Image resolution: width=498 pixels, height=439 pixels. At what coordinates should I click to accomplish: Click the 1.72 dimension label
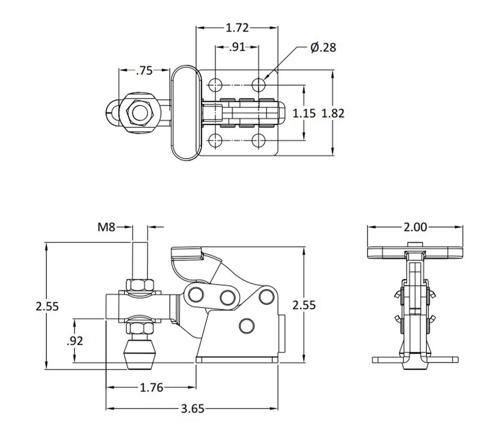[237, 28]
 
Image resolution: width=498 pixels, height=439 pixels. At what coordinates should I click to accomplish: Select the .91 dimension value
[237, 47]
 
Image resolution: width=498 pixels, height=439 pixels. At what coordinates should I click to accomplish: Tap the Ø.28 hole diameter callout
[323, 48]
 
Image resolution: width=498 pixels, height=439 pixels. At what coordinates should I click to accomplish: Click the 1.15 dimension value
[304, 113]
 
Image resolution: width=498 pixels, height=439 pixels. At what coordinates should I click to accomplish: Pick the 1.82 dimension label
[333, 113]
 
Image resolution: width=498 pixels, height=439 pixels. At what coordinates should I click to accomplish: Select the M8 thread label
[106, 227]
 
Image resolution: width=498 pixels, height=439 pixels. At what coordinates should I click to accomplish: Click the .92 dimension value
[74, 341]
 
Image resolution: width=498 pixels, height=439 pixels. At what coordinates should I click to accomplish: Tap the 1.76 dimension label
[151, 387]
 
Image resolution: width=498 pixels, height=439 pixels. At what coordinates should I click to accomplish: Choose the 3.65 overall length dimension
[192, 408]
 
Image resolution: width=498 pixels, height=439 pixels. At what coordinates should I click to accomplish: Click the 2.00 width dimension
[415, 227]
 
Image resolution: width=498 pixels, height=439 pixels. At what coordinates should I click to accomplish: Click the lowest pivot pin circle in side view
[247, 325]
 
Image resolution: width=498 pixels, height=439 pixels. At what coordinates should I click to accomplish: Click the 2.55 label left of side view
[48, 306]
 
